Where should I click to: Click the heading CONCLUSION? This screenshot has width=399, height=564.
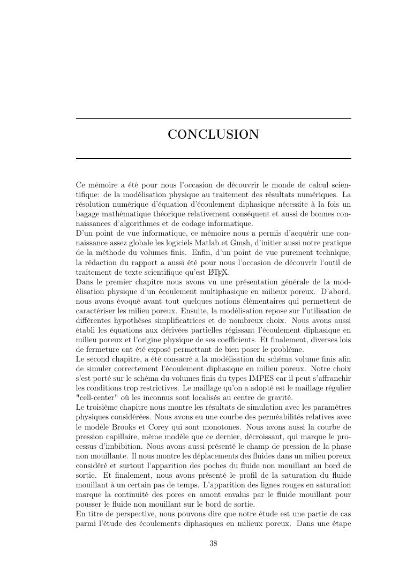[213, 134]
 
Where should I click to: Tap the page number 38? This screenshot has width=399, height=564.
[213, 544]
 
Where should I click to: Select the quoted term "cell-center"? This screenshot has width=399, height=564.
[99, 397]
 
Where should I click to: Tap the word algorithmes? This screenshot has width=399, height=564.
[145, 223]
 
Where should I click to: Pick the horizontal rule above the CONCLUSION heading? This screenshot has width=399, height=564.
[213, 119]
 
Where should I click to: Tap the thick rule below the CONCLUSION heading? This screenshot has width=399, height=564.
[213, 159]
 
